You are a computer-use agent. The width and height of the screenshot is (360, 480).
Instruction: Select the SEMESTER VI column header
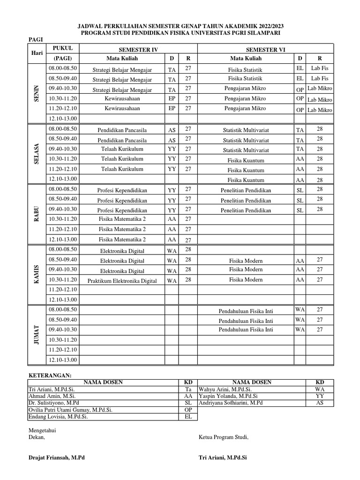265,50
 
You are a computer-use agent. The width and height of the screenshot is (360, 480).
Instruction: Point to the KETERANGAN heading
50,375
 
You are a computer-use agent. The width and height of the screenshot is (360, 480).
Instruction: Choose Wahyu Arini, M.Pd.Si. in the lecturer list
225,390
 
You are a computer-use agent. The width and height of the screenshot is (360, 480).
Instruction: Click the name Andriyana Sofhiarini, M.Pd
231,403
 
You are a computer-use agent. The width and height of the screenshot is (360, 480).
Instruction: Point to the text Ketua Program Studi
224,437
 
